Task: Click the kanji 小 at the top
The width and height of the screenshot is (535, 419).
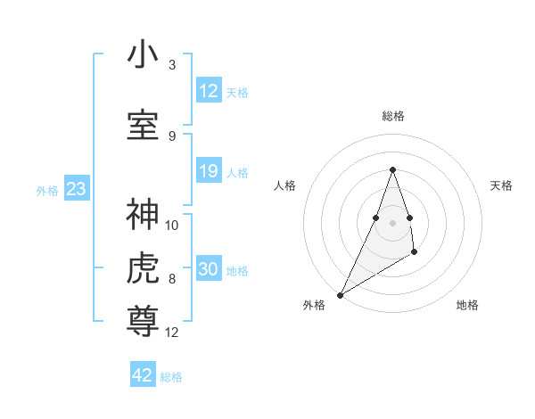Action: click(x=143, y=55)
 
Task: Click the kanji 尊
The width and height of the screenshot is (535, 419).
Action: click(x=143, y=320)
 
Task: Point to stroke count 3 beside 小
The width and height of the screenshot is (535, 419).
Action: click(x=172, y=65)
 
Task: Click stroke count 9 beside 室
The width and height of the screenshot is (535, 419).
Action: click(x=172, y=136)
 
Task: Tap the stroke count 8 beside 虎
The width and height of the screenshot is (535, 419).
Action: click(x=172, y=279)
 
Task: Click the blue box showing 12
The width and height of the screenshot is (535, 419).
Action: click(x=209, y=91)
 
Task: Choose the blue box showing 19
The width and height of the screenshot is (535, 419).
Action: click(x=209, y=171)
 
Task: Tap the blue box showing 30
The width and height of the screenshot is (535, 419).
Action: click(x=209, y=269)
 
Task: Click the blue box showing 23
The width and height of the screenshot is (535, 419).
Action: click(x=76, y=189)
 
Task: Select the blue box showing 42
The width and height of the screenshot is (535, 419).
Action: click(x=143, y=375)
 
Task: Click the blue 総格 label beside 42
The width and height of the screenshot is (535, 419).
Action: click(x=171, y=377)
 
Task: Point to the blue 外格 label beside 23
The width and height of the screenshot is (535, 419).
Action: click(x=47, y=191)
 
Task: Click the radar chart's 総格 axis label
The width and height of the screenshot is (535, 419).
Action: click(x=392, y=116)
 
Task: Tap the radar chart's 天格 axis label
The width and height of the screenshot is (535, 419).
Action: click(x=501, y=185)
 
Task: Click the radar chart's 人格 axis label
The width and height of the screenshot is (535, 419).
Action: click(x=284, y=185)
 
